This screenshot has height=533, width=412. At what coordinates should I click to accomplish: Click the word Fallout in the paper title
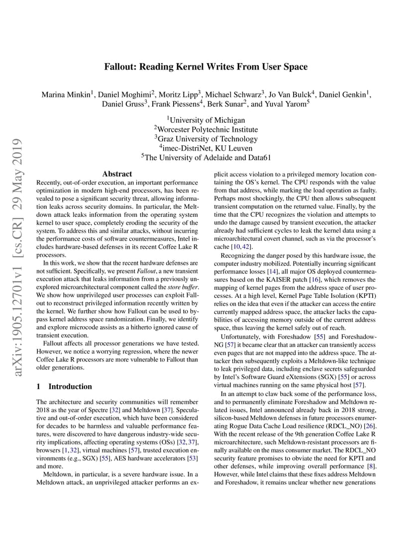(x=120, y=67)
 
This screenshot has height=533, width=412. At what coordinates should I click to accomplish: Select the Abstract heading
(x=117, y=174)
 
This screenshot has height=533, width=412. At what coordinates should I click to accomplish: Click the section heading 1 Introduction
(x=64, y=386)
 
